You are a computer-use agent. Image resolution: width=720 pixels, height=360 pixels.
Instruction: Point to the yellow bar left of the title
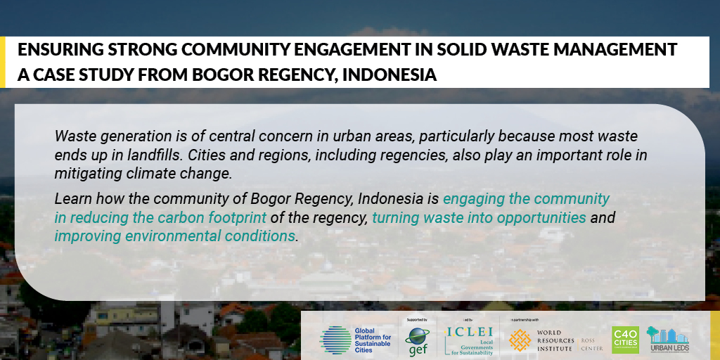tap(3, 62)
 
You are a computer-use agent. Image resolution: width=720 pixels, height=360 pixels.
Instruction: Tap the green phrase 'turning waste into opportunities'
tap(479, 218)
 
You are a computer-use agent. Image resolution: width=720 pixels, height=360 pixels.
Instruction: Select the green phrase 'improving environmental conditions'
tap(175, 236)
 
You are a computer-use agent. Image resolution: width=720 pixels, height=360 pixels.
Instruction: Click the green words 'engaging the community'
tap(526, 199)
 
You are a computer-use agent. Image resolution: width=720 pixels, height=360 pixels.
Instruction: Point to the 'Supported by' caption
tap(416, 319)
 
